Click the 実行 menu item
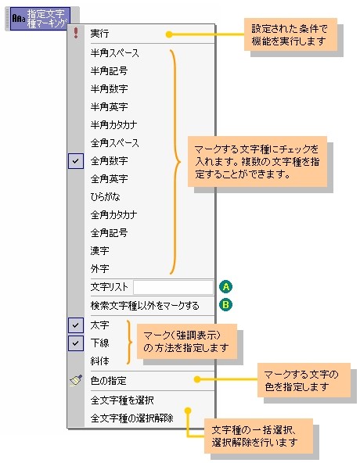[x=99, y=34]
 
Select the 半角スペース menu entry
[x=115, y=53]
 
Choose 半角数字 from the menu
[x=109, y=89]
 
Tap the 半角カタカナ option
[x=113, y=125]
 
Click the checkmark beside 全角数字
[x=76, y=161]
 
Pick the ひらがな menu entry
[x=105, y=197]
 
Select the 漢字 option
[x=99, y=251]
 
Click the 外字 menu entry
[x=99, y=269]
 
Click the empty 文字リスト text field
[x=173, y=287]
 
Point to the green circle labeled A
[x=226, y=286]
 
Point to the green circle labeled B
[x=226, y=305]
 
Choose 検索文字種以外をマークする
[x=145, y=306]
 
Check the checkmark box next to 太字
[x=76, y=325]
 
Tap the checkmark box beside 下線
[x=76, y=343]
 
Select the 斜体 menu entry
[x=99, y=361]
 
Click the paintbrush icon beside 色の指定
[x=76, y=380]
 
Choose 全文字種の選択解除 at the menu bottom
[x=131, y=418]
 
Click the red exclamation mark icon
[x=76, y=33]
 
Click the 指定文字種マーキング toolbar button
[x=40, y=19]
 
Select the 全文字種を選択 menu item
[x=122, y=400]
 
